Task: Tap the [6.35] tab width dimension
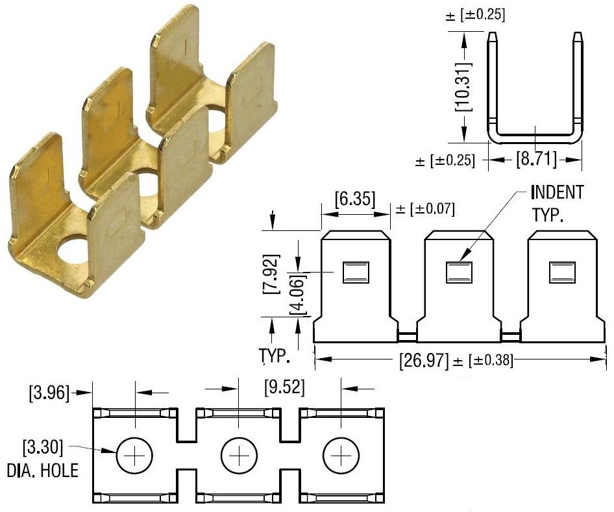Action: (354, 199)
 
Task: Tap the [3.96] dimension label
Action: (49, 392)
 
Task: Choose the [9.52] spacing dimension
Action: (284, 388)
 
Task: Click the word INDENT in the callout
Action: (556, 193)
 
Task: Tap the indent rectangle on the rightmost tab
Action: (562, 271)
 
